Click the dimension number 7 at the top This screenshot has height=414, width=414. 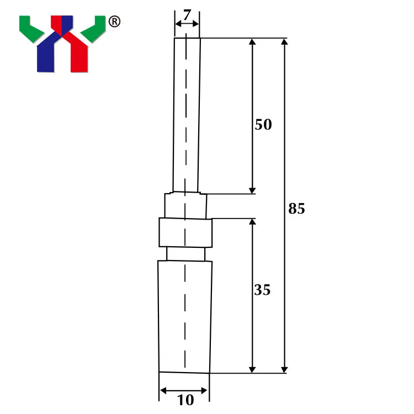[x=187, y=15]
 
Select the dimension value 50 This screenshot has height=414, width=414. [x=263, y=124]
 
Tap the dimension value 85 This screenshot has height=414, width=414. [x=296, y=208]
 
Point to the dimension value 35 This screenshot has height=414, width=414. [x=262, y=290]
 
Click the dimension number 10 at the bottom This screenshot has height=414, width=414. [x=185, y=400]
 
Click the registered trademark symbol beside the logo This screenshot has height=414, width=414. [x=115, y=22]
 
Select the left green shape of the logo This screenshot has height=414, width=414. [x=31, y=29]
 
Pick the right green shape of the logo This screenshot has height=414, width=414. [x=93, y=29]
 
